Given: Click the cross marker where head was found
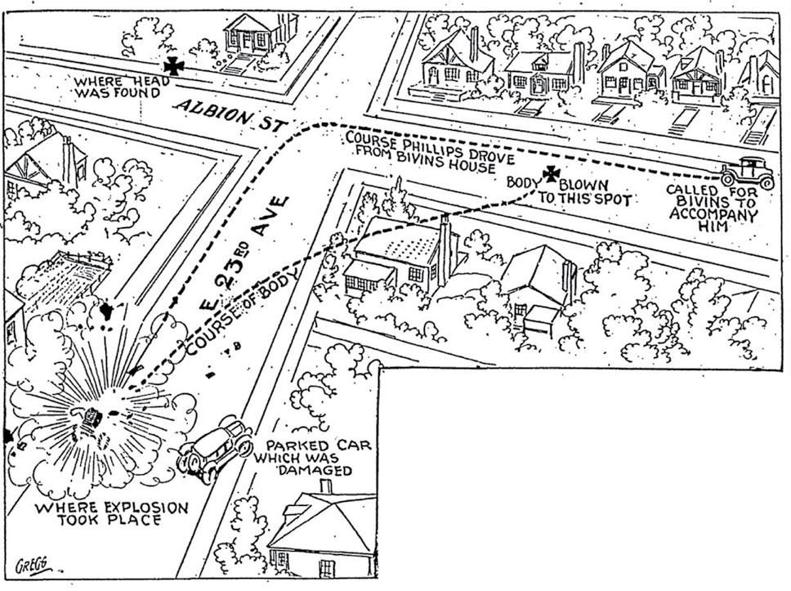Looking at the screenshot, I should point(172,66).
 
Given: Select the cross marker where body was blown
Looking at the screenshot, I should point(552,173).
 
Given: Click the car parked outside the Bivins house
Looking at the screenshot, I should point(747,172).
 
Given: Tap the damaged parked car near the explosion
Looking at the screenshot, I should point(217,448).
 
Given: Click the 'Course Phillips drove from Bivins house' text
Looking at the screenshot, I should point(419,152).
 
